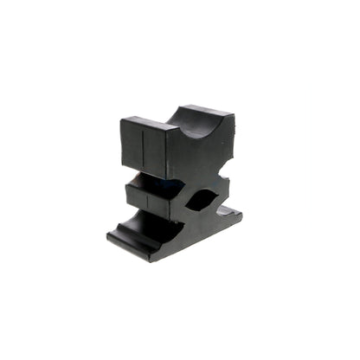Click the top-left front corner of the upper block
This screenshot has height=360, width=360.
point(122,120)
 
